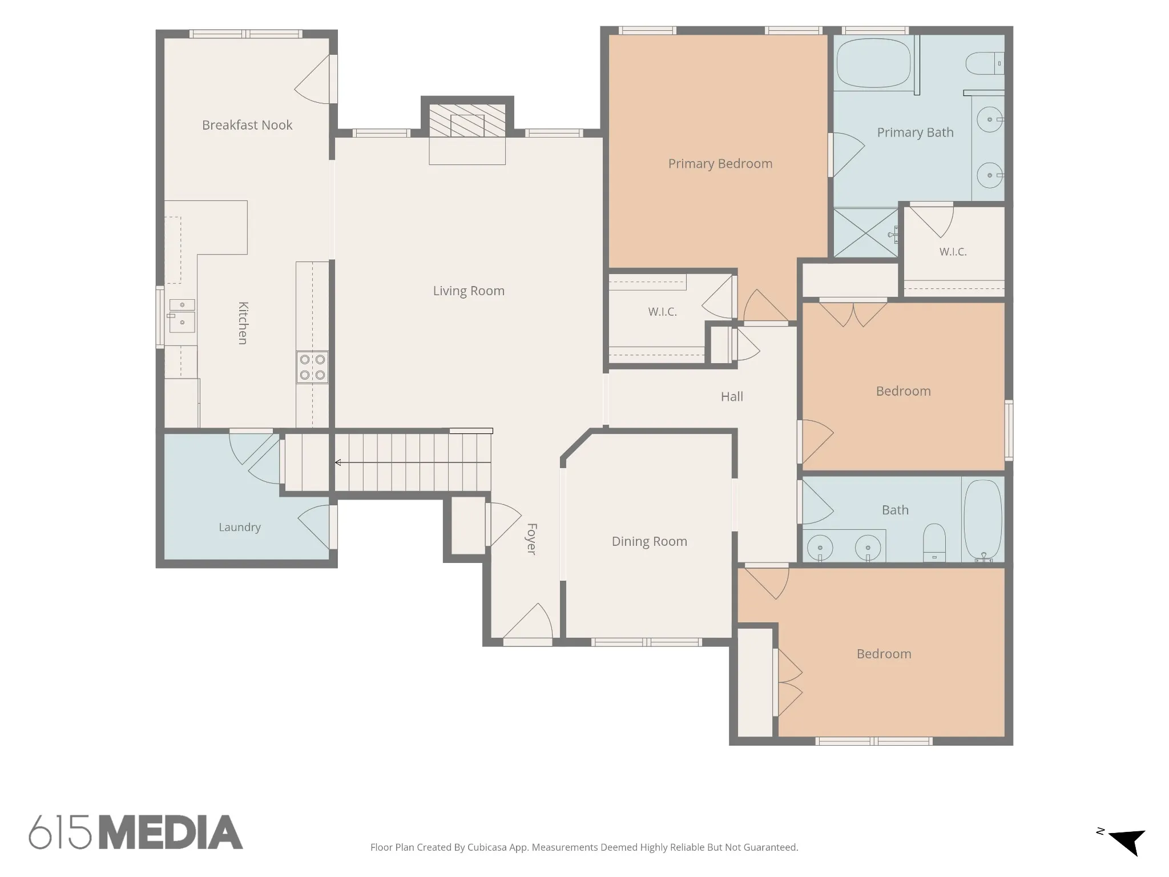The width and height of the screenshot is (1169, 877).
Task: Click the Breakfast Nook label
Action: (247, 125)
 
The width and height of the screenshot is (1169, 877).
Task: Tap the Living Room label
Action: (469, 291)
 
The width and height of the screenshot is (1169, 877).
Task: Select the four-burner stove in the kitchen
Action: (312, 367)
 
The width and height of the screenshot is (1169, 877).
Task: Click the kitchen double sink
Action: (182, 315)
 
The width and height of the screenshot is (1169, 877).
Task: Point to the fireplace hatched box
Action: (467, 120)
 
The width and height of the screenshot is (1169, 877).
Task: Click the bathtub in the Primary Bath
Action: (874, 63)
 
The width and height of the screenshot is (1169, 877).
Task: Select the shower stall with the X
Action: (866, 232)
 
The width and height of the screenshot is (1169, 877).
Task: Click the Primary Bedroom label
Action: (720, 164)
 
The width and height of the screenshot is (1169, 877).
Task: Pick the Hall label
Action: (732, 397)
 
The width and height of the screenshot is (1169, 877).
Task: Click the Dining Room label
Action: (650, 541)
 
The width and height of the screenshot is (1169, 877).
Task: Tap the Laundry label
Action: (240, 527)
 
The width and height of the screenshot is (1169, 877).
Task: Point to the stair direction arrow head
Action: (338, 462)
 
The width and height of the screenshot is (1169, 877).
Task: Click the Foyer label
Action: (531, 539)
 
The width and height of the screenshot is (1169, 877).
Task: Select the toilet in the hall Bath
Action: (934, 542)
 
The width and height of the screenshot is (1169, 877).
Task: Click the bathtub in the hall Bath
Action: (983, 520)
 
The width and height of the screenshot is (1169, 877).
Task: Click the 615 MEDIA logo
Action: (136, 832)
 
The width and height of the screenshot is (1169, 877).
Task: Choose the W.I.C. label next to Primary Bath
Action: (953, 252)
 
